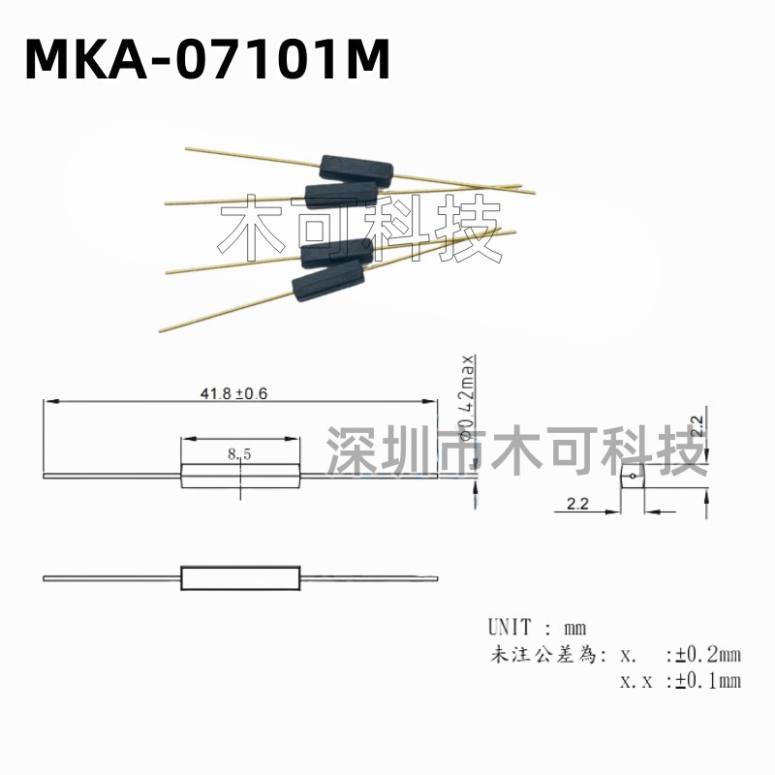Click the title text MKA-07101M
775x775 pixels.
(206, 60)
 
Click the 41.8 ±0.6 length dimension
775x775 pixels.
(232, 393)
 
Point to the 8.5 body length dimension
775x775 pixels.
(239, 453)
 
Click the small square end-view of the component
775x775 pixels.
(632, 477)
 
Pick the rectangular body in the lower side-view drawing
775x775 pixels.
(240, 578)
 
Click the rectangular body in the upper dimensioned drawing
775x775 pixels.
(240, 475)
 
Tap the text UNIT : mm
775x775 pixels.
(538, 627)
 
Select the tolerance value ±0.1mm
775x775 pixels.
(707, 680)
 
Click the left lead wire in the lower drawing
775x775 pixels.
(111, 578)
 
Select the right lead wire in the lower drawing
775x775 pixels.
(368, 578)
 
